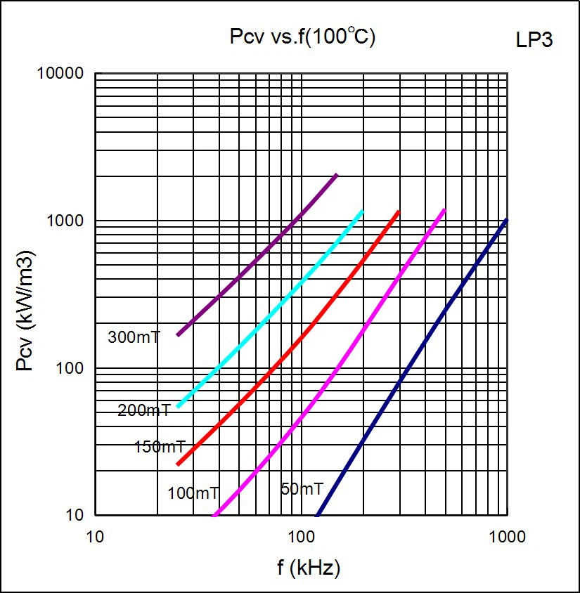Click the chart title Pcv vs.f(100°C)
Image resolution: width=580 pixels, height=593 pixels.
(303, 37)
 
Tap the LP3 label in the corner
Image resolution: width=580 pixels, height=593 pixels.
(534, 40)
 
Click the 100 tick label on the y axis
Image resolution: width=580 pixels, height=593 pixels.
(70, 368)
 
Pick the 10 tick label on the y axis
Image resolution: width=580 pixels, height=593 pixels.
(75, 516)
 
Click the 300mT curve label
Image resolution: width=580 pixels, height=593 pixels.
(134, 337)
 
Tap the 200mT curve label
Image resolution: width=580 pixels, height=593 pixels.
(143, 410)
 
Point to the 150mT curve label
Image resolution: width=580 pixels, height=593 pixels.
(160, 447)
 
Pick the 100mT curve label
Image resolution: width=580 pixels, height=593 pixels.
(193, 493)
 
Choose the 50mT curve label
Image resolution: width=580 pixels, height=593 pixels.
(302, 489)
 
